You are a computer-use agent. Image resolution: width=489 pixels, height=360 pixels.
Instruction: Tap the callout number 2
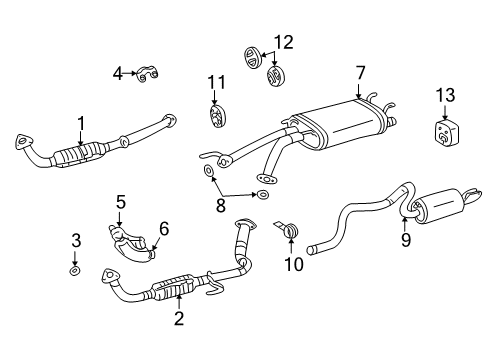[179, 319]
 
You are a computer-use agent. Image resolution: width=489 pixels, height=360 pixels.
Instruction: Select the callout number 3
[75, 240]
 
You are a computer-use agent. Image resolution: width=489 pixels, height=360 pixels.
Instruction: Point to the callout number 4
[117, 72]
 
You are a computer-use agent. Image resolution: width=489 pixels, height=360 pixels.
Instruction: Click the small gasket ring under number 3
[75, 270]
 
